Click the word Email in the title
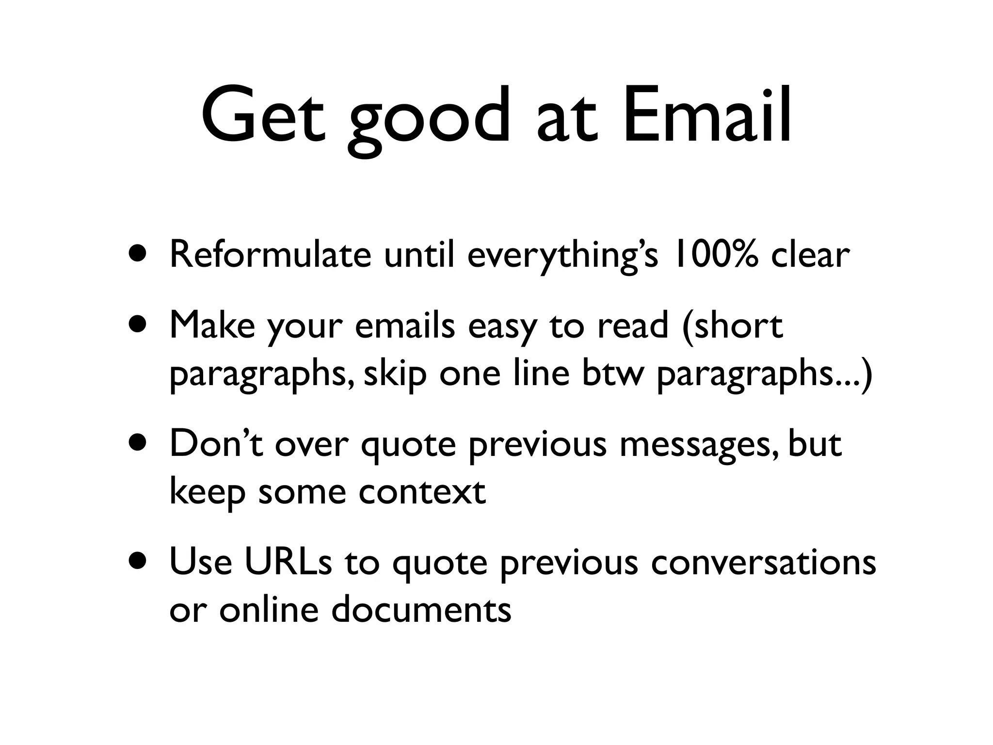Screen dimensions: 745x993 click(706, 116)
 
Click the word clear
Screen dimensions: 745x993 click(810, 255)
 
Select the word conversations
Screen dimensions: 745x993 click(763, 563)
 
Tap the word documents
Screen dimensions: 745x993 click(421, 609)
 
